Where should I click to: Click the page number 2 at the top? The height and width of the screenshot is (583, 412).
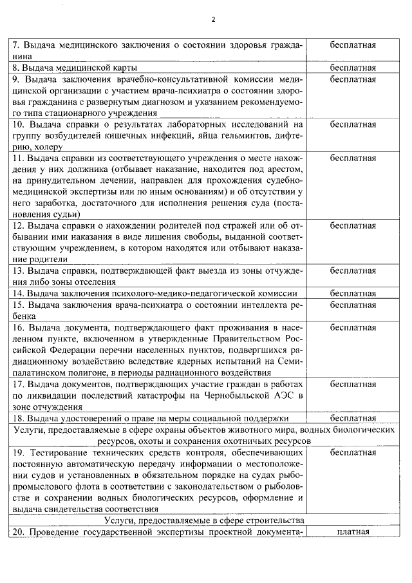click(213, 19)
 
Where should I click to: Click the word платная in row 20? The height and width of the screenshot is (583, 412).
click(353, 531)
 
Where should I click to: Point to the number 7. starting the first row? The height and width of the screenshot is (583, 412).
click(17, 46)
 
